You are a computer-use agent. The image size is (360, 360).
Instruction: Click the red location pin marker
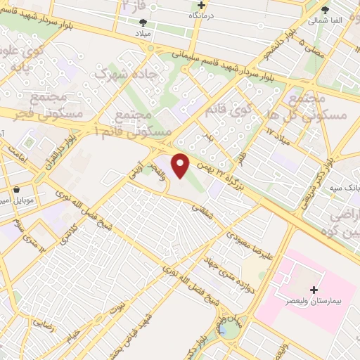click(181, 166)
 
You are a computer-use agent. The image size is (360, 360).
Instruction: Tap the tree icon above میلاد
click(143, 22)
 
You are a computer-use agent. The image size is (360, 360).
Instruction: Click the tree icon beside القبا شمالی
click(324, 10)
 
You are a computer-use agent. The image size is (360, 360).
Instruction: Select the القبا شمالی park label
click(325, 20)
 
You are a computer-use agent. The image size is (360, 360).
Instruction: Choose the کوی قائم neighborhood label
click(229, 110)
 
